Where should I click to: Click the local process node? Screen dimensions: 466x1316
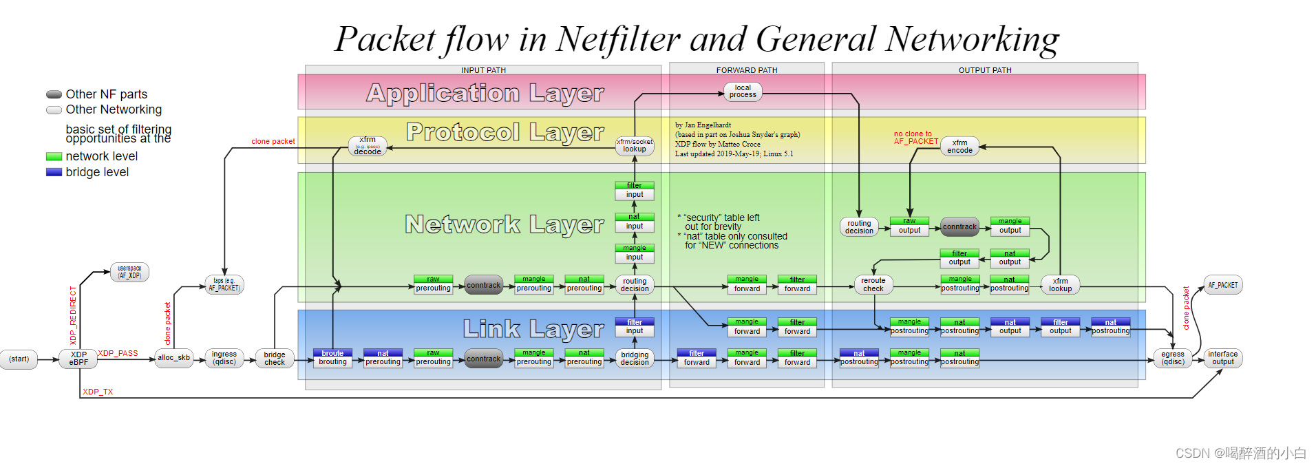(743, 92)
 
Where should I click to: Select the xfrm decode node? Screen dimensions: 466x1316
(368, 146)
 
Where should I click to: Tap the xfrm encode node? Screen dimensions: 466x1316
(959, 147)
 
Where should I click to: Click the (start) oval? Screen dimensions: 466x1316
(19, 359)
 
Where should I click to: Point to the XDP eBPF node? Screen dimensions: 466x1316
(78, 359)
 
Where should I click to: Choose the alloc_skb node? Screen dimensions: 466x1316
(173, 358)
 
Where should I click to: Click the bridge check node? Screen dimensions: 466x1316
(274, 359)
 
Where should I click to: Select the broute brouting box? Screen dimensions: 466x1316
(332, 358)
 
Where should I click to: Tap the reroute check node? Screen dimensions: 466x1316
(873, 285)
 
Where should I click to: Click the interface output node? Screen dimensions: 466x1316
(1222, 358)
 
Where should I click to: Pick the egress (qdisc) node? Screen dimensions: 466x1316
(1172, 358)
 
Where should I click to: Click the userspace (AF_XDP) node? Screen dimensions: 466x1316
(129, 273)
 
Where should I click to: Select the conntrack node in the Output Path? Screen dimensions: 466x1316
(959, 227)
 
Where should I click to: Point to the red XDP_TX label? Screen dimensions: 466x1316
(98, 392)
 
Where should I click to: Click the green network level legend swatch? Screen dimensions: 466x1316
(54, 157)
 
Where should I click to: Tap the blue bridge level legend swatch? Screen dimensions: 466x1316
(54, 172)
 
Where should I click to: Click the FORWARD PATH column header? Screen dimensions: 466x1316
(746, 70)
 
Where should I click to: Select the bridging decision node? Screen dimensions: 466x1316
(634, 359)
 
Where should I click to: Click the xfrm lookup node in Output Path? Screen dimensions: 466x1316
(1060, 285)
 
